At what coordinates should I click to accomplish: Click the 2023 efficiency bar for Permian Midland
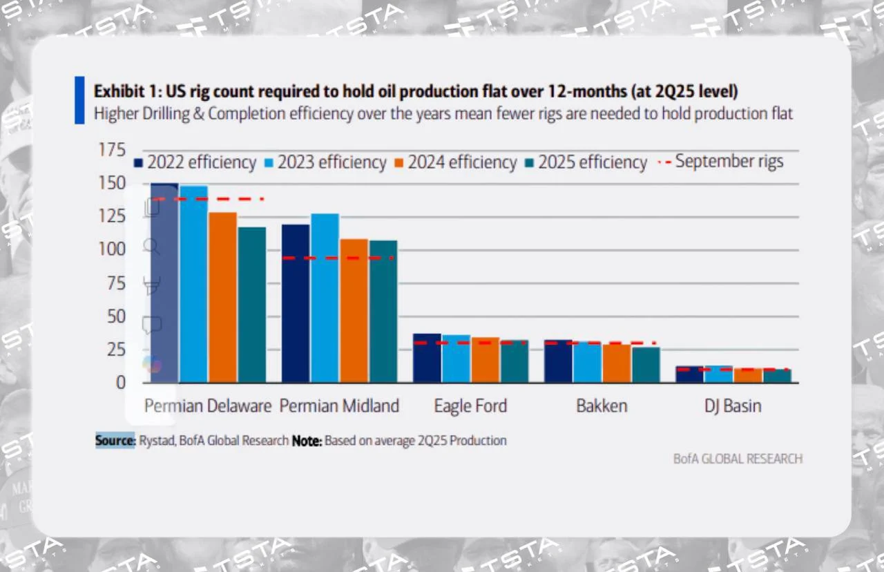pos(325,297)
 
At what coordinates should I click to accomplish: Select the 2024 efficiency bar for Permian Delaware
pos(222,297)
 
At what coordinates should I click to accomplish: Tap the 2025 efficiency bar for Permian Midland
pos(383,311)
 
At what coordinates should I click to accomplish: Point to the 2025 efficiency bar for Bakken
pos(646,364)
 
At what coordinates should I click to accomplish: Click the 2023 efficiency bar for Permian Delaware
pos(193,283)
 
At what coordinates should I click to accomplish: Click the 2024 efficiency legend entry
pos(455,162)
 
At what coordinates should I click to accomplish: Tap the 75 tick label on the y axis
pos(115,283)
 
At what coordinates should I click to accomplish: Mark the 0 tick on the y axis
pos(121,382)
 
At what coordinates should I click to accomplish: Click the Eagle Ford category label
pos(470,406)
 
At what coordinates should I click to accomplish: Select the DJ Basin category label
pos(733,406)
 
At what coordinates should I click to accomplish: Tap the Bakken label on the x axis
pos(602,406)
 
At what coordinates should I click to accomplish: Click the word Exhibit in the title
pos(117,92)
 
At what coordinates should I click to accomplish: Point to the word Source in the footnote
pos(115,441)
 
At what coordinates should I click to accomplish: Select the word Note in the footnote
pos(307,441)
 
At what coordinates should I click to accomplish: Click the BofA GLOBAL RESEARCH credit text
pos(738,459)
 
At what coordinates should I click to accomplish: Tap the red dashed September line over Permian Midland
pos(338,258)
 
